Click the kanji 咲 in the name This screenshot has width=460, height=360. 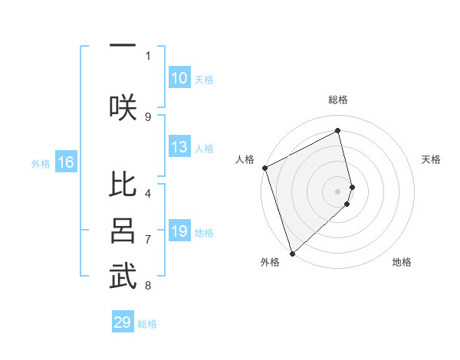123,106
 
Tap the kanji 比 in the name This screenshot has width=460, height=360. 123,186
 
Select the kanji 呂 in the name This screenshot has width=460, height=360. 123,231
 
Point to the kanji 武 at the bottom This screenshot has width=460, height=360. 123,277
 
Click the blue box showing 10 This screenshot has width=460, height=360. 179,78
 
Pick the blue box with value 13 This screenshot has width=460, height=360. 179,148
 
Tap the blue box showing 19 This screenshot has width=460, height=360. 179,232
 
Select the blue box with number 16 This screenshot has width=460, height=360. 66,162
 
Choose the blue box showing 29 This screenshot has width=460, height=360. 123,322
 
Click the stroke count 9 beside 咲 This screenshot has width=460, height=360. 148,116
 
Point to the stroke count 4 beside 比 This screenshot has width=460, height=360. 148,193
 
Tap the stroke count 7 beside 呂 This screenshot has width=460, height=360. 148,240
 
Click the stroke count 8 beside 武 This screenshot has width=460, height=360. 148,286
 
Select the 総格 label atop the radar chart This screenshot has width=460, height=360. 338,100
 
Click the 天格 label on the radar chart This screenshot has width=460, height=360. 432,159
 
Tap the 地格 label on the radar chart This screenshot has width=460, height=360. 402,262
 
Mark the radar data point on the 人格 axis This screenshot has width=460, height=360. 264,168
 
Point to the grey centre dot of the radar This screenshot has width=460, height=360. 338,191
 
